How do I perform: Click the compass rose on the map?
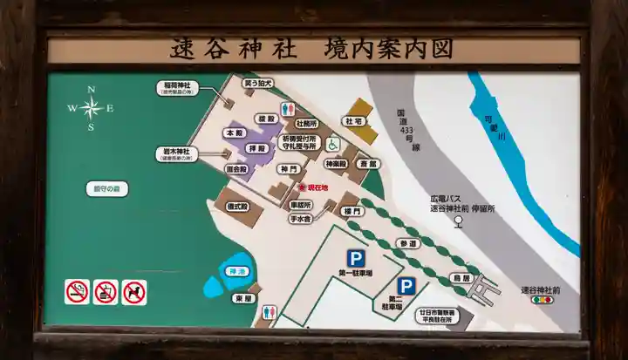click(91, 108)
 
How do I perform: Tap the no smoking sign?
click(78, 291)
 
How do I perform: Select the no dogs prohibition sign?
click(134, 291)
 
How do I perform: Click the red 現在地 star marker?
click(302, 187)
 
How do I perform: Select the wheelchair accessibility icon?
click(332, 145)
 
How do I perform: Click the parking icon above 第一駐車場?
click(355, 259)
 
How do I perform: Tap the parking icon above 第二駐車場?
click(406, 286)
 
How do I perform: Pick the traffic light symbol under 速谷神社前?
click(542, 299)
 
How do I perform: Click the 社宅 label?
click(354, 122)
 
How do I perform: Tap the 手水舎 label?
click(301, 220)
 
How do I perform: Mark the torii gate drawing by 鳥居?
click(482, 287)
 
